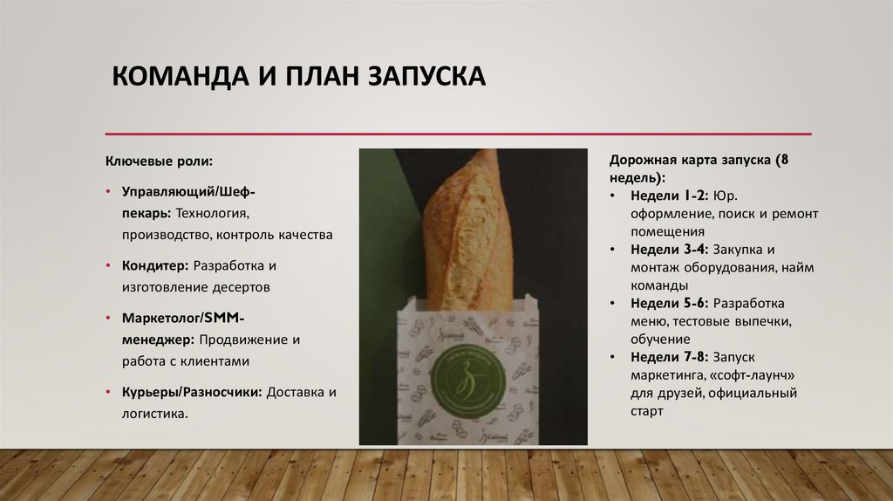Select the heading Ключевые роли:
point(159,161)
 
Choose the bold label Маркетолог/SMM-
point(183,317)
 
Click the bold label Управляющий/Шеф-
point(187,189)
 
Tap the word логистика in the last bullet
point(153,414)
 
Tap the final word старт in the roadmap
point(646,410)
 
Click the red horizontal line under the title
point(458,134)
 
